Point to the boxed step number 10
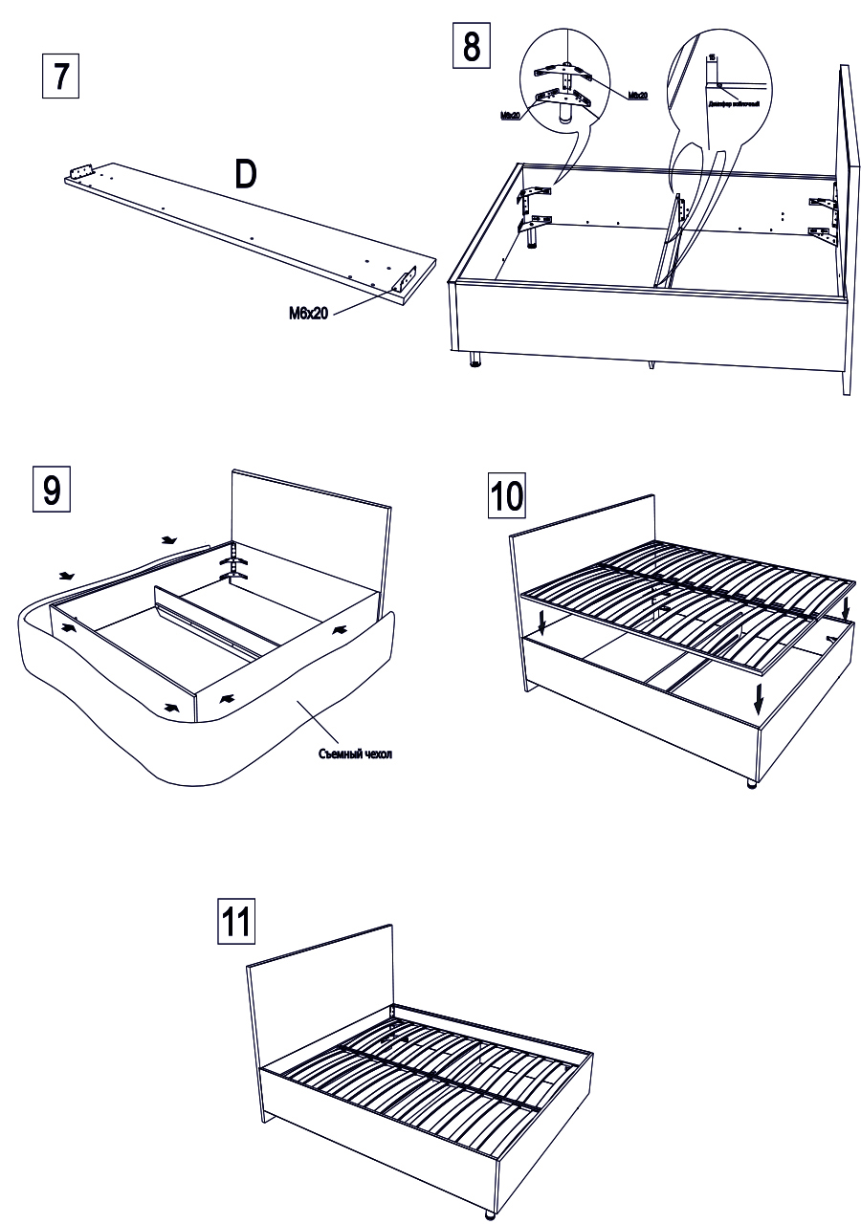tap(507, 495)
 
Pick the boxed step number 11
tap(237, 920)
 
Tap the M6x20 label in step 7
tap(309, 313)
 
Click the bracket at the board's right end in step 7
tap(405, 281)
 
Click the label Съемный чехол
tap(356, 754)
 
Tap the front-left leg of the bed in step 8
tap(475, 361)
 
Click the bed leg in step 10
tap(751, 784)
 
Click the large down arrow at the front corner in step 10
tap(759, 697)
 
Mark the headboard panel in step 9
tap(311, 535)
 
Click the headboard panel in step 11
tap(320, 975)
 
